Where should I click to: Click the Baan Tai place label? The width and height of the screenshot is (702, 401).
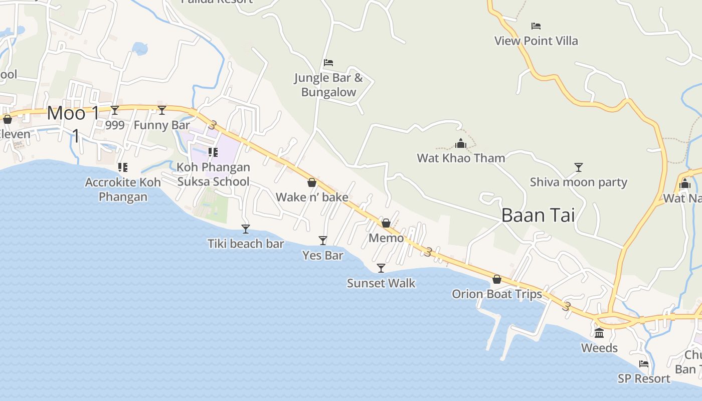click(538, 215)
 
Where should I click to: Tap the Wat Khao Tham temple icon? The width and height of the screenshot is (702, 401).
click(461, 144)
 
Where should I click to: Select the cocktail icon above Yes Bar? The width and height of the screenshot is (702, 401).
click(323, 241)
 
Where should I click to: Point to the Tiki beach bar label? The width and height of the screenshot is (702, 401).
click(246, 244)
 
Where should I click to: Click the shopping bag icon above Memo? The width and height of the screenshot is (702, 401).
click(386, 223)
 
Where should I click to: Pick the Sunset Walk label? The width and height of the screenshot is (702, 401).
click(381, 283)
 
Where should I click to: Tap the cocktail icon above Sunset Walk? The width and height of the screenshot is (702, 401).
click(381, 268)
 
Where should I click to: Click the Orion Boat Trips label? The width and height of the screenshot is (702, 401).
click(497, 294)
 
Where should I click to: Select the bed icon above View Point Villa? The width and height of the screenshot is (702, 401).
click(536, 26)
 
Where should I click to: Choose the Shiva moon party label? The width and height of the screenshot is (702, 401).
click(578, 182)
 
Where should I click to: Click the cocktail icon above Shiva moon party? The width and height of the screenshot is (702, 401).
click(579, 167)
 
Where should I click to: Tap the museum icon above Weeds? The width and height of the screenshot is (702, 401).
click(599, 333)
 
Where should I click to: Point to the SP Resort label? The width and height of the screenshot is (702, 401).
click(644, 378)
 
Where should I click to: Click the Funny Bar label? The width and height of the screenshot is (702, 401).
click(162, 125)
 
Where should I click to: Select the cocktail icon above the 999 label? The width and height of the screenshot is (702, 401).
click(115, 110)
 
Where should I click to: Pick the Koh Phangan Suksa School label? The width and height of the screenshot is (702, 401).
click(213, 174)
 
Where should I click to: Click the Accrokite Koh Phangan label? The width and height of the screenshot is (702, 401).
click(123, 189)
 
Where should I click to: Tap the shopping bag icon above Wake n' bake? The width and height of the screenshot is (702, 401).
click(312, 182)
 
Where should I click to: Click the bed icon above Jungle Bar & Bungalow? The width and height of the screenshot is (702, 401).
click(328, 63)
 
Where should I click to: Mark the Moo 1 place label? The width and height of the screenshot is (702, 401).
click(73, 113)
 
